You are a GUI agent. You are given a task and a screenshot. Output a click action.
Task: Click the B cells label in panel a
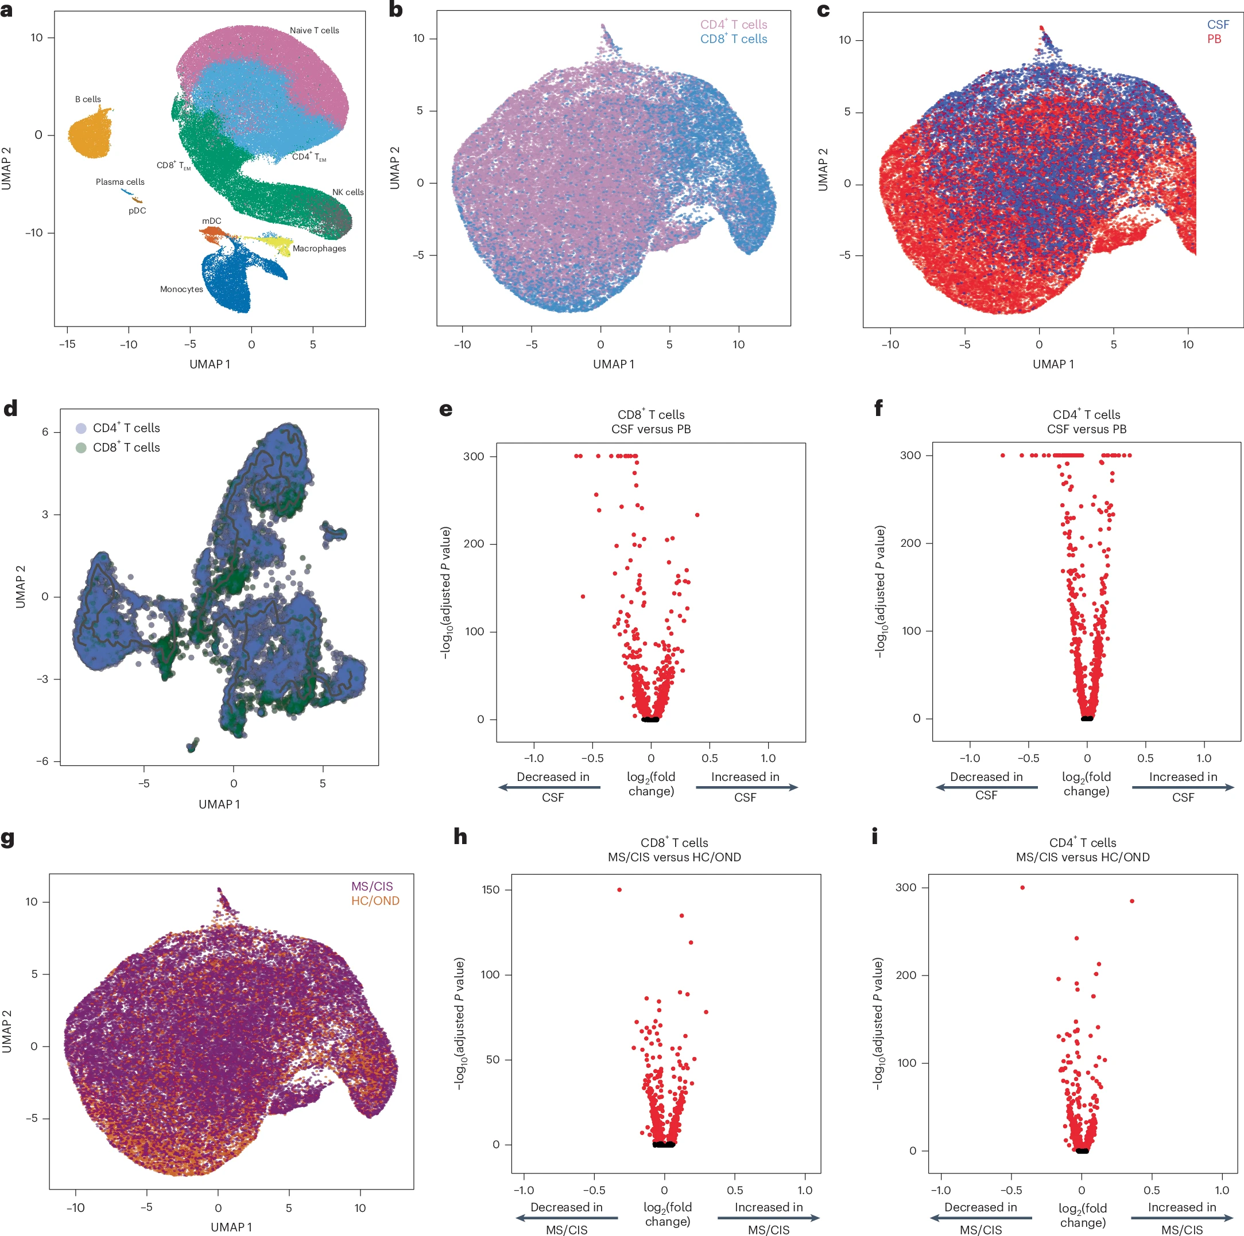[x=88, y=99]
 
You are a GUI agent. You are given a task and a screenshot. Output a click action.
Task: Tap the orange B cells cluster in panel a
[x=90, y=134]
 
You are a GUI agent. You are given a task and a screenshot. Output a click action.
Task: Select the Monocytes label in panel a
[x=181, y=289]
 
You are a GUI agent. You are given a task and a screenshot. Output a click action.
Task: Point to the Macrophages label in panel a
[x=319, y=248]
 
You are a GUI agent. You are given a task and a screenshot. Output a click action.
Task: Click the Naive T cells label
[x=314, y=30]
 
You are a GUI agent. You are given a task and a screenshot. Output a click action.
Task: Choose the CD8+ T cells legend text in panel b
[x=734, y=39]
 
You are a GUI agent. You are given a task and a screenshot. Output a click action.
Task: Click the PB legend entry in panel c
[x=1214, y=39]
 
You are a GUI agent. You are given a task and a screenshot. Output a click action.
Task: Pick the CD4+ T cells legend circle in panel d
[x=81, y=428]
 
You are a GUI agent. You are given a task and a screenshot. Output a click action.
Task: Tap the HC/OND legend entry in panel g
[x=375, y=901]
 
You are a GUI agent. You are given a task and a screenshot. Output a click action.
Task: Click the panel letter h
[x=460, y=837]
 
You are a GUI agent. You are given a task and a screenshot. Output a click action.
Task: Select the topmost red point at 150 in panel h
[x=619, y=889]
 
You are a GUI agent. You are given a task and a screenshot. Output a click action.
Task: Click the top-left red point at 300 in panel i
[x=1022, y=888]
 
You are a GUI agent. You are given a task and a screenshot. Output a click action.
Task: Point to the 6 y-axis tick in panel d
[x=45, y=432]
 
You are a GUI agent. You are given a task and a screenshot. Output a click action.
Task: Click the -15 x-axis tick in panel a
[x=67, y=344]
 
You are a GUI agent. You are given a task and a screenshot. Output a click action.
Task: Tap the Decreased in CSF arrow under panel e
[x=550, y=787]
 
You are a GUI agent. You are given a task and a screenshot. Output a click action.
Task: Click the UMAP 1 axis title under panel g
[x=231, y=1227]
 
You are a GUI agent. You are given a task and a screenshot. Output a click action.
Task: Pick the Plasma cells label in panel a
[x=120, y=182]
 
